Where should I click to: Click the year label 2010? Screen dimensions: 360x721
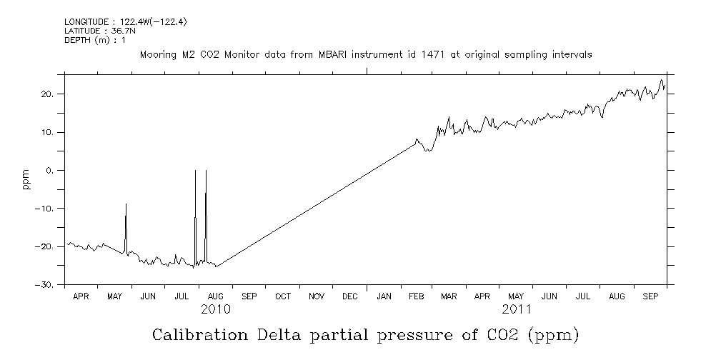pyautogui.click(x=216, y=309)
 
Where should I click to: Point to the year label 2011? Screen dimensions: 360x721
pyautogui.click(x=517, y=309)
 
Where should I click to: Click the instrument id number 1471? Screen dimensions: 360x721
pyautogui.click(x=419, y=54)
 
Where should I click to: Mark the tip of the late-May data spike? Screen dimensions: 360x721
pyautogui.click(x=126, y=204)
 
